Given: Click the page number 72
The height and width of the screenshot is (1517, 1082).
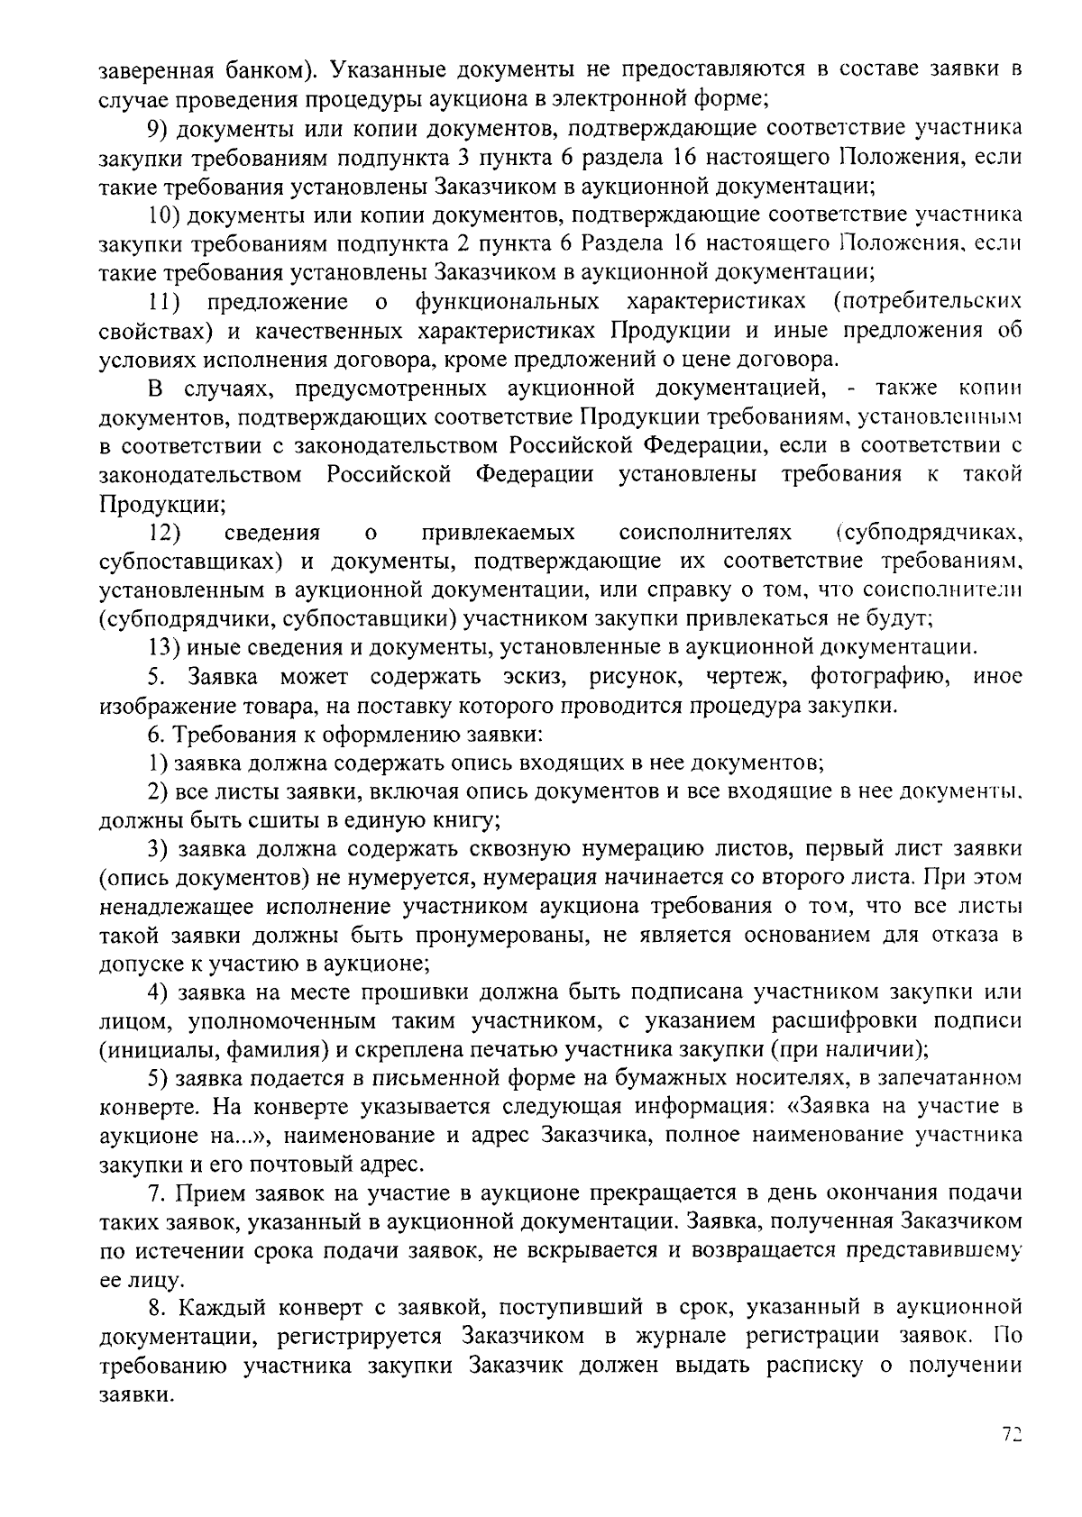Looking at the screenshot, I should [x=1012, y=1434].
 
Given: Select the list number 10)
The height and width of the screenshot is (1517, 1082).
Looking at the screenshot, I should [x=166, y=215].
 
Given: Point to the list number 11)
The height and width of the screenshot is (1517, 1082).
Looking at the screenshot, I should [x=165, y=301].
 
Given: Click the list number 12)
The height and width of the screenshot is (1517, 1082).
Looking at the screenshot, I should [x=165, y=533].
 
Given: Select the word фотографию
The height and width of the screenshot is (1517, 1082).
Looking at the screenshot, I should [x=878, y=676].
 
